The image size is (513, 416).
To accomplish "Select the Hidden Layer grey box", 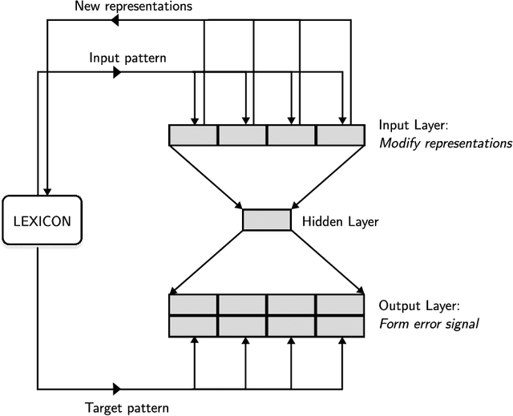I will tap(267, 220).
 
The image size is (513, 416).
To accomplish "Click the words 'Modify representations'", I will tap(445, 143).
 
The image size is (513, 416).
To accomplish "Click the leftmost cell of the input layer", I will tap(193, 135).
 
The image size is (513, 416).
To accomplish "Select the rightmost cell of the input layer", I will tap(340, 135).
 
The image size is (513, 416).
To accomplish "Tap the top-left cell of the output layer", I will tap(193, 305).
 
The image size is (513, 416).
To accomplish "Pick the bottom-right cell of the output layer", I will tap(340, 325).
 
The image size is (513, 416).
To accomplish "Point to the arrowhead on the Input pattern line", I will tap(116, 73).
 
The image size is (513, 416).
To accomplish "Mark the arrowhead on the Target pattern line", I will tap(116, 389).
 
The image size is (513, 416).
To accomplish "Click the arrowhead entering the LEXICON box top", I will tap(48, 189).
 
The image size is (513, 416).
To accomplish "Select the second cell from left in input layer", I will tap(242, 135).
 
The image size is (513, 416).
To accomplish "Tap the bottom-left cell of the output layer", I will tap(193, 325).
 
